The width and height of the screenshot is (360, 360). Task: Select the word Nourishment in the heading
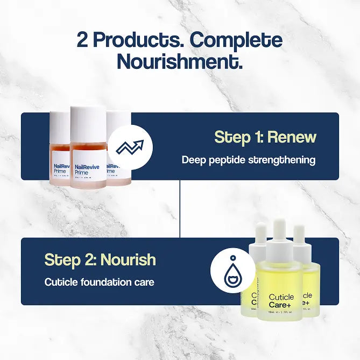pyautogui.click(x=180, y=61)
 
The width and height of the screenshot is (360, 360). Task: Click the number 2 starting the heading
pyautogui.click(x=83, y=41)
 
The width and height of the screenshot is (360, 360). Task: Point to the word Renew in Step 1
pyautogui.click(x=292, y=137)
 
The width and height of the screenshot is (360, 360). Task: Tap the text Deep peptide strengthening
pyautogui.click(x=248, y=160)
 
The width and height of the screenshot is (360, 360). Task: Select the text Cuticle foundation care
pyautogui.click(x=99, y=282)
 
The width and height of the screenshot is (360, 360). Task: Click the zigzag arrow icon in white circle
pyautogui.click(x=130, y=148)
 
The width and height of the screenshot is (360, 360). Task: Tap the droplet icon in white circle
pyautogui.click(x=232, y=270)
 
